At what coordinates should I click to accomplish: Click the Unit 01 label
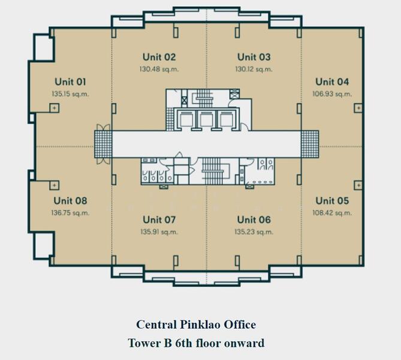[71, 82]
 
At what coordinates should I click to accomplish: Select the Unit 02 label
[159, 58]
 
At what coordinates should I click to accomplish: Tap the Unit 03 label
[254, 58]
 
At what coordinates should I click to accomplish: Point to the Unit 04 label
[332, 82]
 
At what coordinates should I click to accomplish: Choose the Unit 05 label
[332, 201]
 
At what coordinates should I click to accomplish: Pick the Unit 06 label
[254, 220]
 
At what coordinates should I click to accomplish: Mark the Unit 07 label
[158, 220]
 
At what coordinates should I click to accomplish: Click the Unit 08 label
[71, 201]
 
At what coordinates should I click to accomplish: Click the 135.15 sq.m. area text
[71, 94]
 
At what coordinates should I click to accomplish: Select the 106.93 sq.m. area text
[332, 94]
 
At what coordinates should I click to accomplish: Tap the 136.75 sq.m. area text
[71, 212]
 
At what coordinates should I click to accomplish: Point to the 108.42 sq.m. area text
[332, 212]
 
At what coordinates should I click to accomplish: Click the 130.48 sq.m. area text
[159, 69]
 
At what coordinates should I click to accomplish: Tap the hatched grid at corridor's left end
[102, 144]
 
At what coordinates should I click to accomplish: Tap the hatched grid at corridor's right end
[310, 144]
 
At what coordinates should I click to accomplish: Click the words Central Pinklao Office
[196, 325]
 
